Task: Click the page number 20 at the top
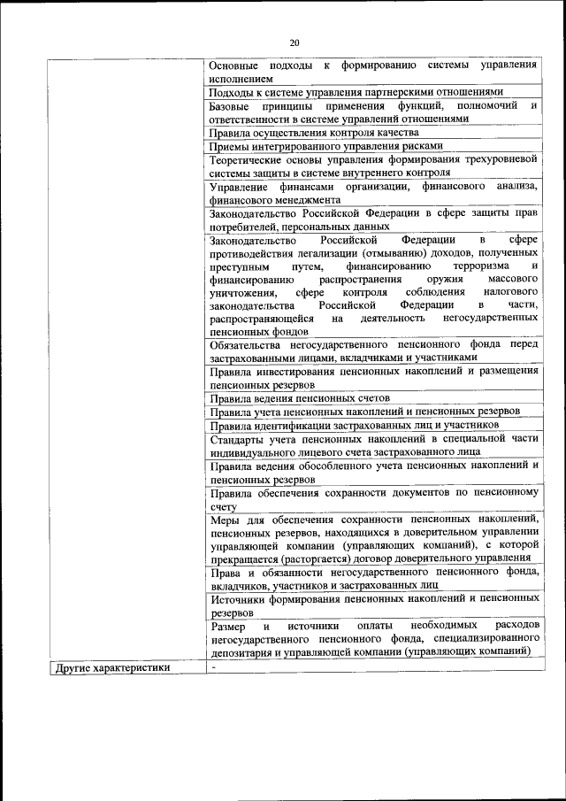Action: coord(295,41)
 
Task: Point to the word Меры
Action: coord(226,519)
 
